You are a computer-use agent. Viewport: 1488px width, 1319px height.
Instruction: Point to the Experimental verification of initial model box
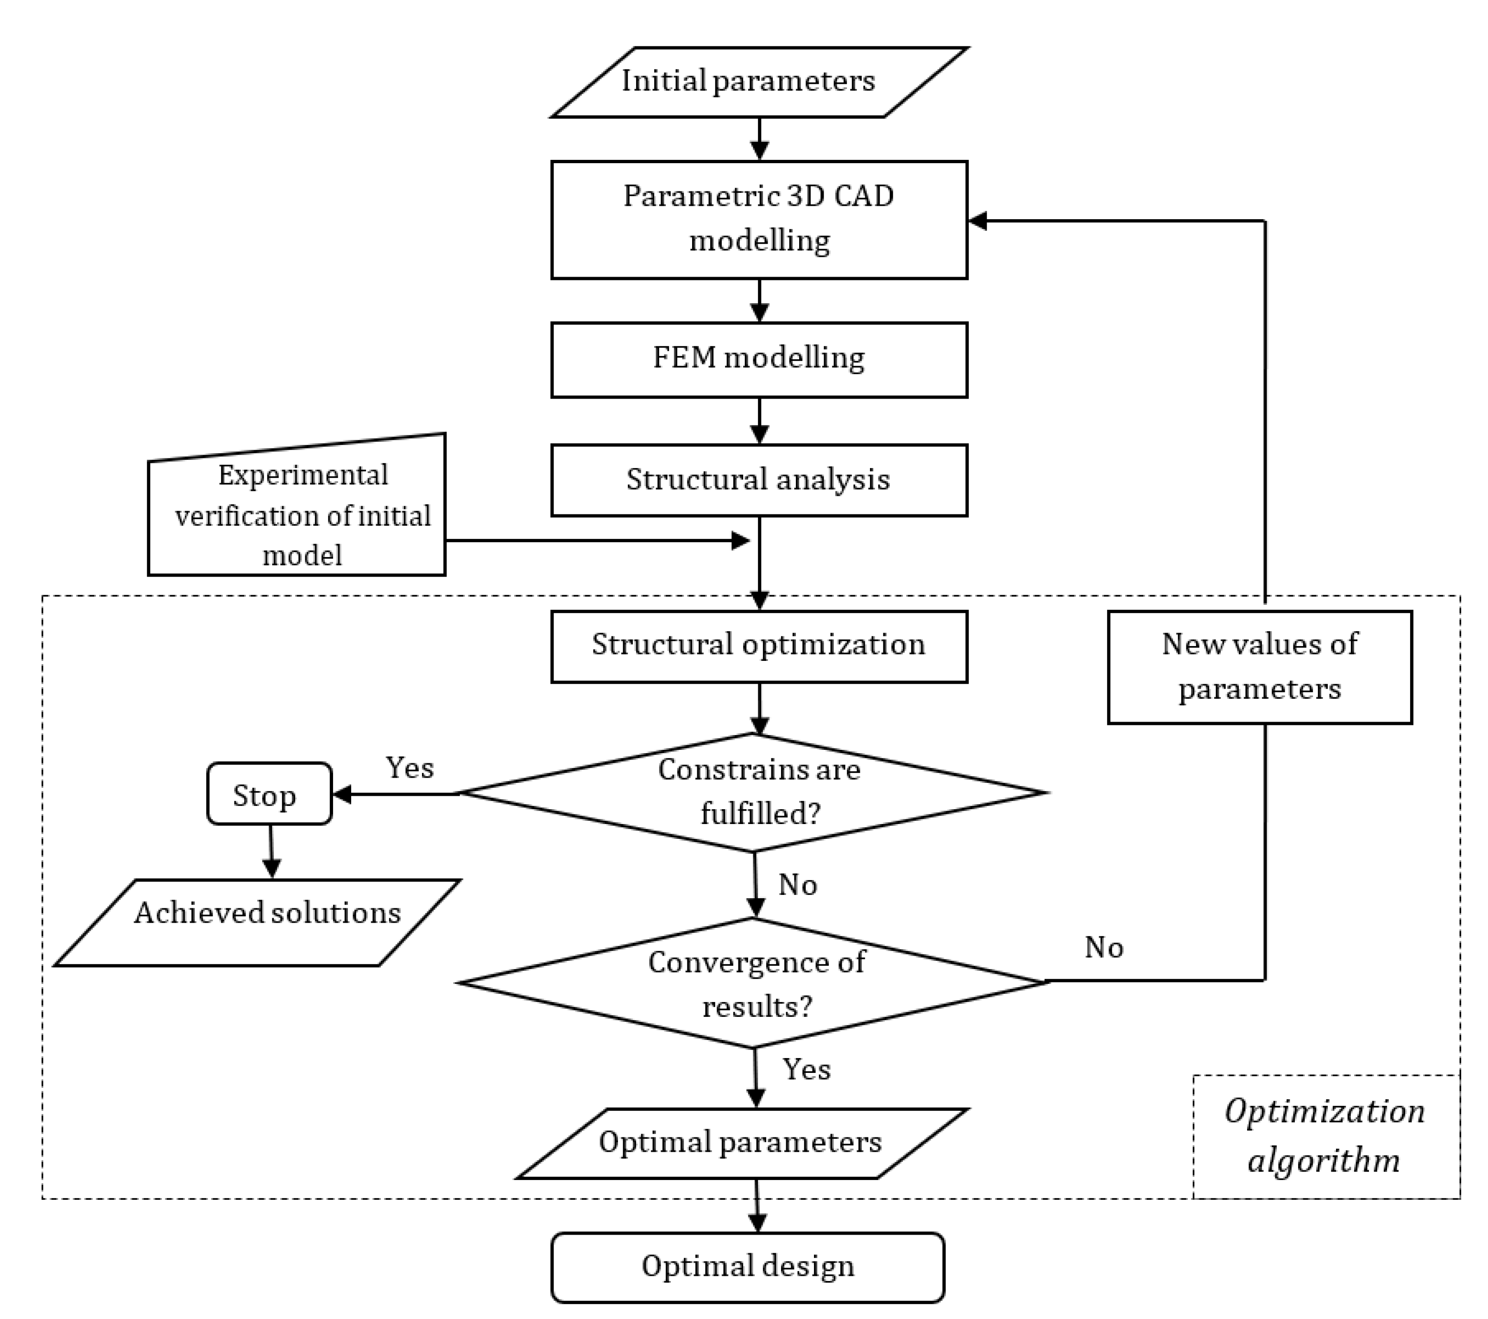pos(297,514)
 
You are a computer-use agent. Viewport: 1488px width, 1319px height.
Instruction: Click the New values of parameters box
pos(1260,666)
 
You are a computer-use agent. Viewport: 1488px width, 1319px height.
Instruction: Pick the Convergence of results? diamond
pos(754,983)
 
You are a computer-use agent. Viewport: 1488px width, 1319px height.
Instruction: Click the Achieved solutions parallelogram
pos(259,923)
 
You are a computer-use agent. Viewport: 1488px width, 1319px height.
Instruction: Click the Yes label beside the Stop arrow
pos(410,767)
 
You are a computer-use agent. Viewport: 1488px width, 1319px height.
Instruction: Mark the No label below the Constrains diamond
pos(798,885)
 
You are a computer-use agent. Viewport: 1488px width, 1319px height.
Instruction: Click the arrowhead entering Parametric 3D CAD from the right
pos(977,221)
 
